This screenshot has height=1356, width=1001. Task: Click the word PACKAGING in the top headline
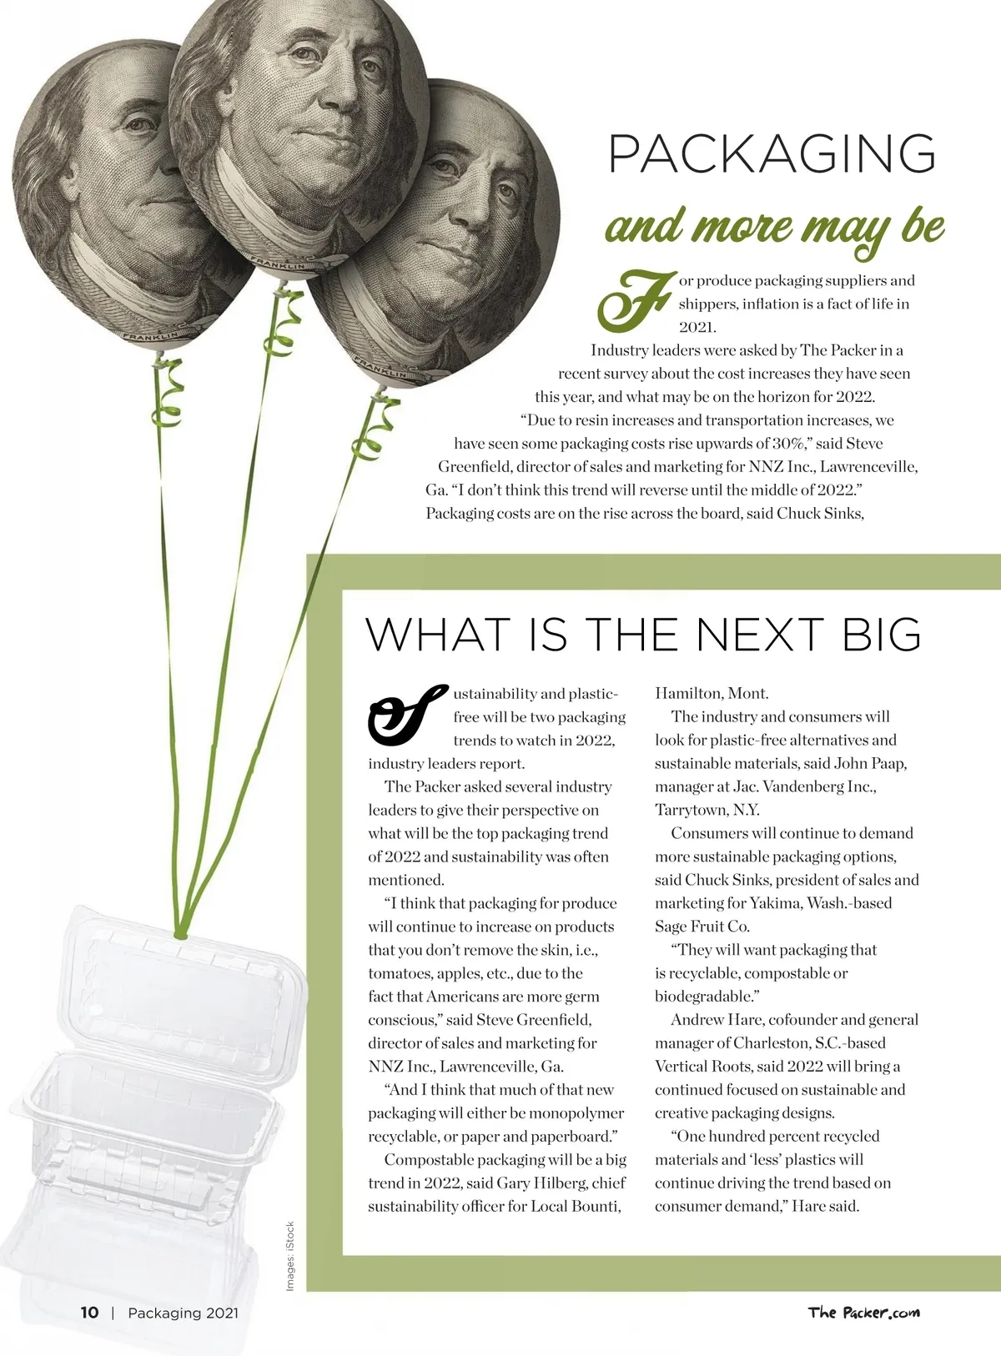(x=772, y=153)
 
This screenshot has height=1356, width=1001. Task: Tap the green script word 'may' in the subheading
(x=847, y=229)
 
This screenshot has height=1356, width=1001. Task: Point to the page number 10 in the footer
(x=89, y=1313)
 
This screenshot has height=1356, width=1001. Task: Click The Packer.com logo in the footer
(x=863, y=1313)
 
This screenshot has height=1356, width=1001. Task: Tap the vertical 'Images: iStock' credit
(x=290, y=1257)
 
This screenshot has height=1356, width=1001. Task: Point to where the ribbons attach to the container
(x=180, y=935)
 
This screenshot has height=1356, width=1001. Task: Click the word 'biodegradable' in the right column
(x=704, y=996)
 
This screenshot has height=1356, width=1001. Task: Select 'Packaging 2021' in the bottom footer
(x=183, y=1313)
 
